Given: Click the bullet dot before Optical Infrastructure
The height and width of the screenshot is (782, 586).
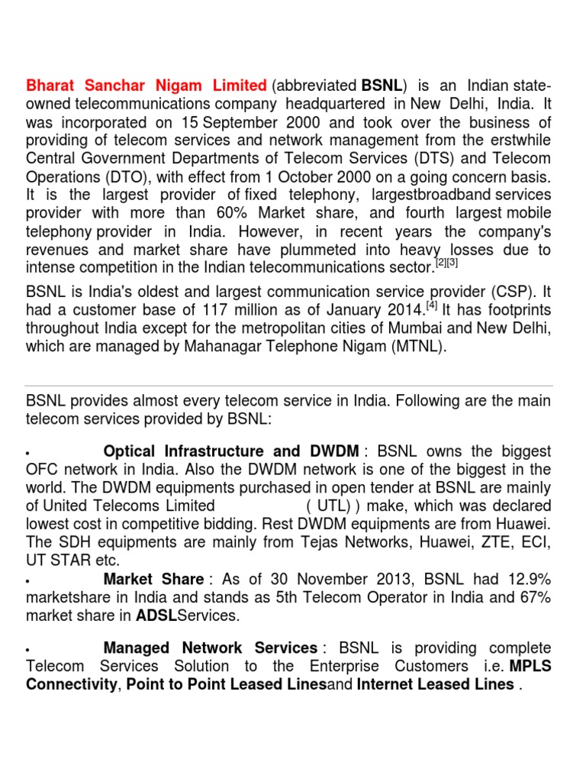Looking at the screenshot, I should click(x=28, y=453).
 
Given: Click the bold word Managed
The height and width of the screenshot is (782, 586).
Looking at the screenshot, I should click(x=136, y=648).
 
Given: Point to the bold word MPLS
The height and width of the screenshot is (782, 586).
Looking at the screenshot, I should click(x=530, y=666).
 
